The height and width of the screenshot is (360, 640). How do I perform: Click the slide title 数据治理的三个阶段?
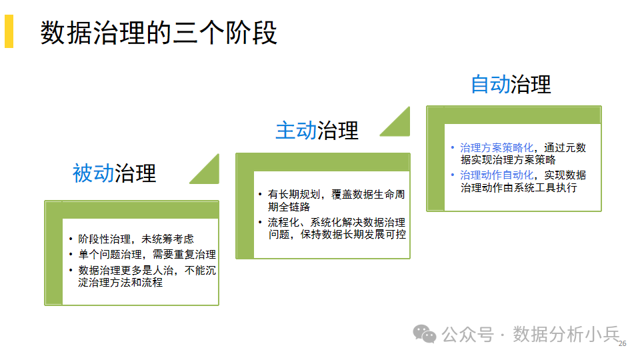pos(159,33)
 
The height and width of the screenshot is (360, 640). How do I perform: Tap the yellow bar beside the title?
pos(9,31)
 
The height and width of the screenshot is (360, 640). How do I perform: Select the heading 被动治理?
pos(114,173)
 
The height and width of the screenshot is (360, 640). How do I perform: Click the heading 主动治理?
pos(317,131)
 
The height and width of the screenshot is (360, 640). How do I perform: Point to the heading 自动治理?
pos(511,85)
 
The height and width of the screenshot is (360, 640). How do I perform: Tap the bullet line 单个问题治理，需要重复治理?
pos(142,255)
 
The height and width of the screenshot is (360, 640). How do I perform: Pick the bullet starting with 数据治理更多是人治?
pos(142,276)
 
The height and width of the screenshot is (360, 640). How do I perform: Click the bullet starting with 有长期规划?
pos(331,201)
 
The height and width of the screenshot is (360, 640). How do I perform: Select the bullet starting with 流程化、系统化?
pos(332,228)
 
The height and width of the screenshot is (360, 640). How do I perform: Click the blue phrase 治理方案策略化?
pos(497,147)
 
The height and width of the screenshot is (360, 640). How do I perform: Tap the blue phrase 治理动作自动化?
pos(497,175)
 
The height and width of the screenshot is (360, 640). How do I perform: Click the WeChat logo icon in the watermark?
pos(425,334)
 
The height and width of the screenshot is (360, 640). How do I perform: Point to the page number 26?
pos(623,344)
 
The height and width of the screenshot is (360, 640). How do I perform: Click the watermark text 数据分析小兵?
pos(567,334)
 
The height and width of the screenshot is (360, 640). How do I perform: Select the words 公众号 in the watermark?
pos(468,335)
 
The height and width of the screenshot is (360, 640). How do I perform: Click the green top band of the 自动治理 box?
pos(514,115)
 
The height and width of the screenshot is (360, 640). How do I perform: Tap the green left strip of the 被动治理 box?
pos(53,253)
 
